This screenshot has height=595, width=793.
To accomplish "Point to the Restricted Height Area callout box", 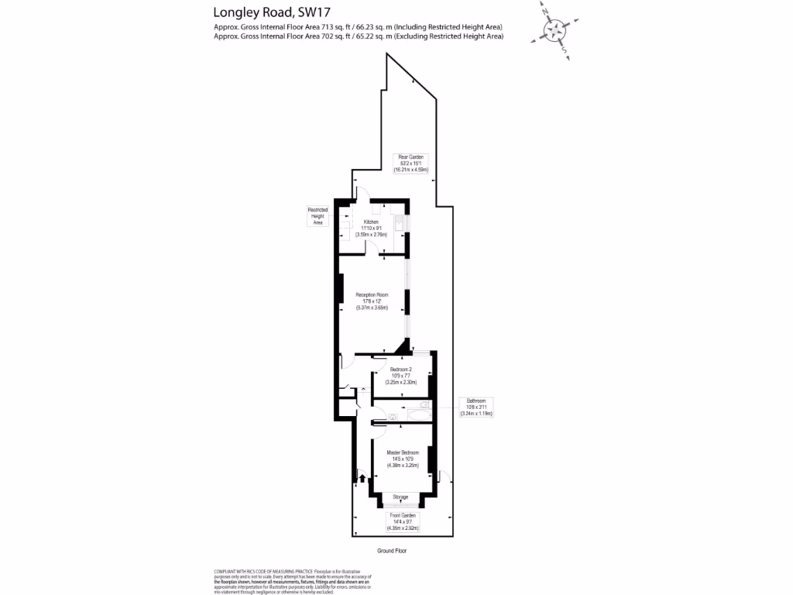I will click(318, 216).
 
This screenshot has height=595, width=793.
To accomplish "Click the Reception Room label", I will click(372, 301).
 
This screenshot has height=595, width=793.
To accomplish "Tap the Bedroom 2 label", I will click(401, 376).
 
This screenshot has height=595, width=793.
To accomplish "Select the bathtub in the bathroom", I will click(411, 416).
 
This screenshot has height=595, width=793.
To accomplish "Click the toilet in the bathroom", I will click(423, 404).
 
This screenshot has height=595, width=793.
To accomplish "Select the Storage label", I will click(400, 497).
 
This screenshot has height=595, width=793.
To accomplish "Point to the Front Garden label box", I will click(402, 521).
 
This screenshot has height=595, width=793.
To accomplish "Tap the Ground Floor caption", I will click(392, 551).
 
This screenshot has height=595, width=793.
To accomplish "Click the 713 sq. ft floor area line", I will click(359, 26).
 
